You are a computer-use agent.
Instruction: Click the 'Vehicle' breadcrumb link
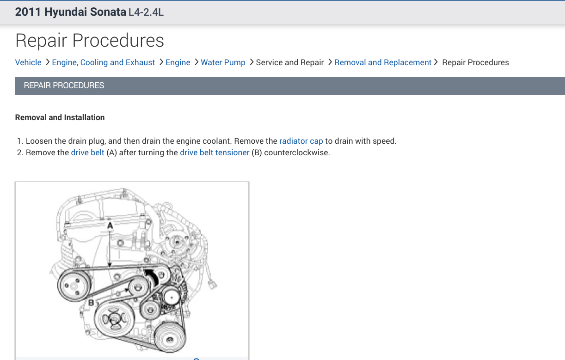[28, 62]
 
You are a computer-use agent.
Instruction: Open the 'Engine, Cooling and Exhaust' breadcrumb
[104, 62]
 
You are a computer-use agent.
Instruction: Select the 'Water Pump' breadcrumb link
[223, 62]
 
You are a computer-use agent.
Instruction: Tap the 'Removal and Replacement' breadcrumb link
[383, 62]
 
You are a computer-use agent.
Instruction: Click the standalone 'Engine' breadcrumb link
[178, 62]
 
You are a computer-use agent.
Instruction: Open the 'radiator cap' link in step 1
[301, 141]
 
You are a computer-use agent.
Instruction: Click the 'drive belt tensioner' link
[215, 153]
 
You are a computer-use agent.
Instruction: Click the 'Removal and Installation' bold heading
[60, 117]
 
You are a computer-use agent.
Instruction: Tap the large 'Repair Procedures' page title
[90, 40]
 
